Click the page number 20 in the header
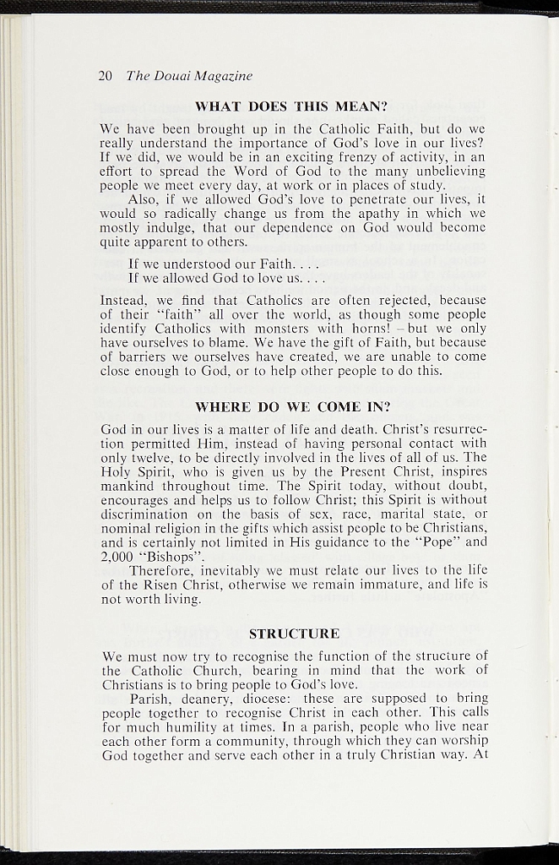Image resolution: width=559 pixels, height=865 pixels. click(106, 76)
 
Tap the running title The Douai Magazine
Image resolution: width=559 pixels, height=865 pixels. click(188, 76)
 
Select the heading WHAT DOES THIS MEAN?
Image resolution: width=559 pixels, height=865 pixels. click(291, 107)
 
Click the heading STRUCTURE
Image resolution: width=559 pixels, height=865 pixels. click(294, 634)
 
